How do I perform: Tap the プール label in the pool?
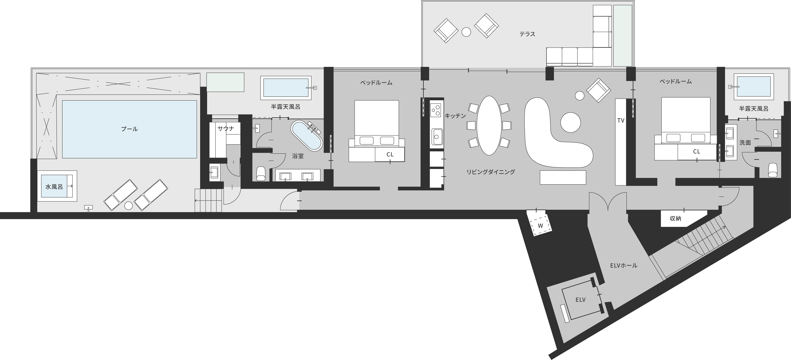pyautogui.click(x=129, y=129)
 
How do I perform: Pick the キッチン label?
pyautogui.click(x=455, y=116)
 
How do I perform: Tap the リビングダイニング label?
pyautogui.click(x=490, y=172)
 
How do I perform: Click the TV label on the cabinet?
pyautogui.click(x=621, y=121)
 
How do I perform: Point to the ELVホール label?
pyautogui.click(x=623, y=265)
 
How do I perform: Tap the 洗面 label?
pyautogui.click(x=745, y=142)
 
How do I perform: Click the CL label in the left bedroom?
pyautogui.click(x=390, y=155)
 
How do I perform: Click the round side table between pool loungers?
pyautogui.click(x=129, y=206)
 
